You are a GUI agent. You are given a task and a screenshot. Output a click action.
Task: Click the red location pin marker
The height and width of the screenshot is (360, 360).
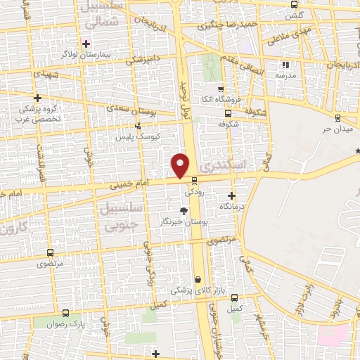[181, 165]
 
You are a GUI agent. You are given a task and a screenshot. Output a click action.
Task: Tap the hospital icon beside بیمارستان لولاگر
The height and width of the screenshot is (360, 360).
[86, 44]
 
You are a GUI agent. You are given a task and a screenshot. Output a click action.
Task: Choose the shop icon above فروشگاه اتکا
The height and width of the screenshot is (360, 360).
[221, 89]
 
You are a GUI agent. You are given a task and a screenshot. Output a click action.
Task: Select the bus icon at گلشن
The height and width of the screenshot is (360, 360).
[293, 5]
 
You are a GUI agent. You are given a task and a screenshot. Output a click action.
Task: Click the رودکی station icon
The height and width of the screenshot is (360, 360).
[194, 181]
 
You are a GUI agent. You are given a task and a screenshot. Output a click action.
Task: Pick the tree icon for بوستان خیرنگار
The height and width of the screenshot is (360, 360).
[184, 210]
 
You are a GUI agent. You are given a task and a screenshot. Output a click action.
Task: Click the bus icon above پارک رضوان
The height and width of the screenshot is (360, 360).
[65, 313]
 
